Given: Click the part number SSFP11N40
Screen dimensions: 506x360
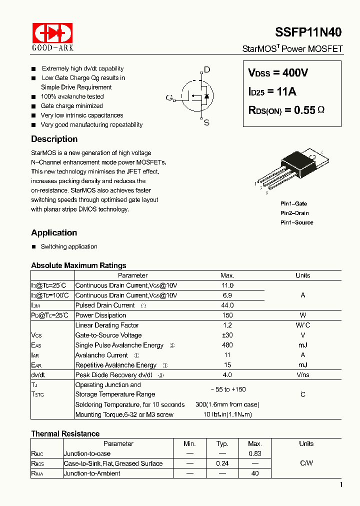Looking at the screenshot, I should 308,32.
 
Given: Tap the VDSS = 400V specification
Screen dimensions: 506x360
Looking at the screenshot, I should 278,73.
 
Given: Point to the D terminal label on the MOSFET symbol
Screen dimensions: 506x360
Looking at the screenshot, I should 207,70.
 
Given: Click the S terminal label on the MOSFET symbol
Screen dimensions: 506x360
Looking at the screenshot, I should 206,122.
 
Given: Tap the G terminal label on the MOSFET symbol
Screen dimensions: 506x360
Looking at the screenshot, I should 169,97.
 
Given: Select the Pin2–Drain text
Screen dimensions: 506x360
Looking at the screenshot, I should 294,213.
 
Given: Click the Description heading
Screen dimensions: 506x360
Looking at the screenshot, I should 54,139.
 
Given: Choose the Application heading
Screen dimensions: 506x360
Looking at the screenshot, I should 54,232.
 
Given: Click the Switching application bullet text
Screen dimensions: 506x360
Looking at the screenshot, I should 69,246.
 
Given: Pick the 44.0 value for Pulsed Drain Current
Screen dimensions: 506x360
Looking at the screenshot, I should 227,305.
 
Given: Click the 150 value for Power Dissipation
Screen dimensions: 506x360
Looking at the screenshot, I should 227,315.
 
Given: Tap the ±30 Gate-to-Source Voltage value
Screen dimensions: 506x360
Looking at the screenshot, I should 227,335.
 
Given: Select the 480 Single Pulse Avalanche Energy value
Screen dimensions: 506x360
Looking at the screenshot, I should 227,345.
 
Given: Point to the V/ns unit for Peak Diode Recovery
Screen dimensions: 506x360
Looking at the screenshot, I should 302,375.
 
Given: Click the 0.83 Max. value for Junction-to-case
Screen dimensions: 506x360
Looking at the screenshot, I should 255,453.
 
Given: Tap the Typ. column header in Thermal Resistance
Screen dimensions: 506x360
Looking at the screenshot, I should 222,443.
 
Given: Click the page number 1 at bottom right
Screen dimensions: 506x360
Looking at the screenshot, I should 341,484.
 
